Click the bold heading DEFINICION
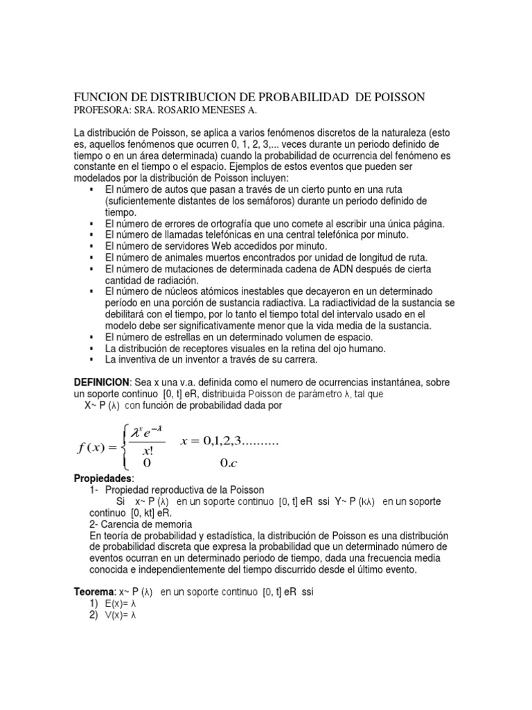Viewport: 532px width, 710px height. (101, 383)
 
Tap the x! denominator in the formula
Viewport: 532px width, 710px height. (146, 449)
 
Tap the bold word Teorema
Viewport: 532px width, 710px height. (94, 592)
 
